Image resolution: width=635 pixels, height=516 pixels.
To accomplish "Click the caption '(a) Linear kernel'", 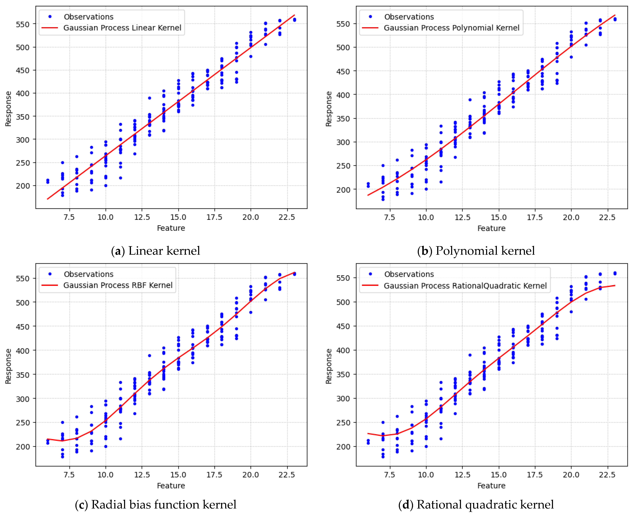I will tap(155, 251).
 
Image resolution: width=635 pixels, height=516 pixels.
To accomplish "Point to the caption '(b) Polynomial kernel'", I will tap(476, 251).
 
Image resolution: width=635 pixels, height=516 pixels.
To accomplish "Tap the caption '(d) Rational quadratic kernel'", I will tap(476, 504).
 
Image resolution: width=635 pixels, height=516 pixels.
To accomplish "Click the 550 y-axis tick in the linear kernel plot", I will tap(23, 24).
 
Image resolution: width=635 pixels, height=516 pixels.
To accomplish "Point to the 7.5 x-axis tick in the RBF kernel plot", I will tap(69, 475).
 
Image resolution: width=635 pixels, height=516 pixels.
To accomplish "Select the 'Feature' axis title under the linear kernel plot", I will tap(171, 228).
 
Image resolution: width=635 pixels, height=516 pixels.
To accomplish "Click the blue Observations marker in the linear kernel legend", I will tap(50, 17).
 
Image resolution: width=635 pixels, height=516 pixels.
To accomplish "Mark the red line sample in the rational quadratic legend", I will tap(370, 285).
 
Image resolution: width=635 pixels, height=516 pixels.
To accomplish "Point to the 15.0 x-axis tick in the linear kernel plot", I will tap(178, 217).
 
